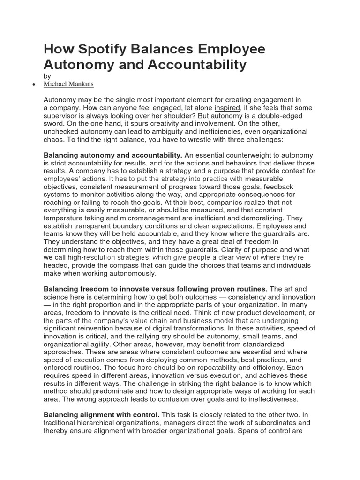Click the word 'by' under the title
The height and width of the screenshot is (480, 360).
pyautogui.click(x=47, y=75)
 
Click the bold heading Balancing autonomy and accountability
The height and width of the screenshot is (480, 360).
pyautogui.click(x=113, y=155)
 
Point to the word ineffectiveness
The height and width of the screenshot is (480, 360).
pyautogui.click(x=268, y=399)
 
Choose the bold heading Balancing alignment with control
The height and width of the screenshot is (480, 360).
pyautogui.click(x=102, y=415)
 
